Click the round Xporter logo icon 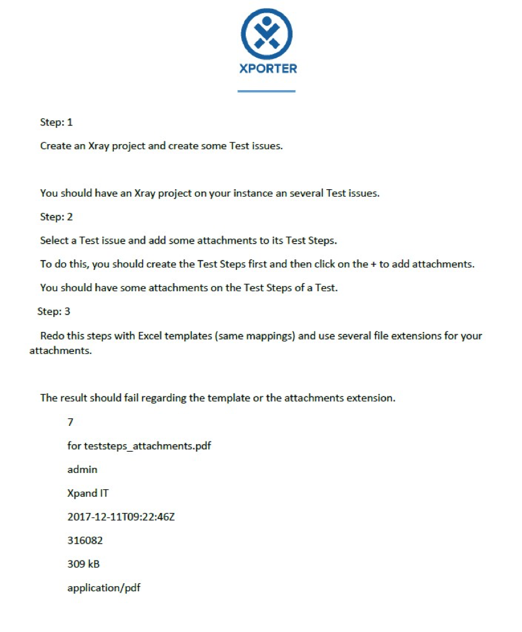pyautogui.click(x=267, y=34)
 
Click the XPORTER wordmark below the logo pyautogui.click(x=268, y=68)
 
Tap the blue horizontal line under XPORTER pyautogui.click(x=266, y=91)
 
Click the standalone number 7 pyautogui.click(x=70, y=422)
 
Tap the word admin pyautogui.click(x=82, y=469)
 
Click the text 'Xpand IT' pyautogui.click(x=88, y=493)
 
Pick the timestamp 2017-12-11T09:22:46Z pyautogui.click(x=121, y=517)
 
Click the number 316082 pyautogui.click(x=85, y=540)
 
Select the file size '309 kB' pyautogui.click(x=83, y=564)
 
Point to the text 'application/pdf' pyautogui.click(x=104, y=588)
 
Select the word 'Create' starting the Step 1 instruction pyautogui.click(x=55, y=146)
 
